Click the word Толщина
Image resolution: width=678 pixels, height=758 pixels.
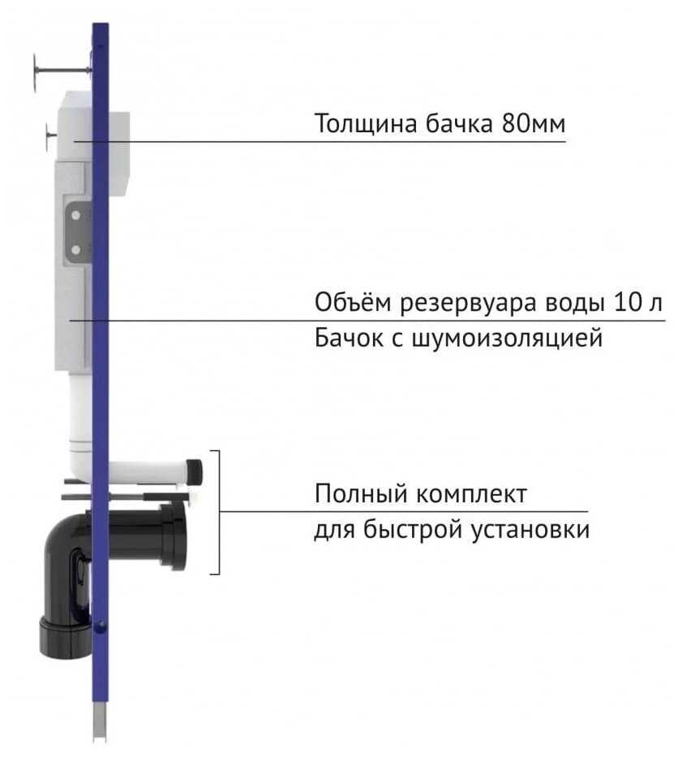(366, 123)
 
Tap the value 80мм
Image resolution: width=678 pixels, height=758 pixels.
(534, 123)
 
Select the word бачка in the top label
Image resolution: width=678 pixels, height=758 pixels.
(459, 123)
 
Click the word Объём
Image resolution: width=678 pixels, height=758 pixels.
(353, 303)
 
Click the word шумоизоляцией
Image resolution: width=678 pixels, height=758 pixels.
(507, 338)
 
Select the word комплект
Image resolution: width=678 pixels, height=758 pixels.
(470, 493)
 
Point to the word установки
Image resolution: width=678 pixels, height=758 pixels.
(530, 529)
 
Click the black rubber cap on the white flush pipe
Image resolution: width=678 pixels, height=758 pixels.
(195, 472)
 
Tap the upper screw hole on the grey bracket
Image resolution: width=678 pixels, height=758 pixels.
(76, 216)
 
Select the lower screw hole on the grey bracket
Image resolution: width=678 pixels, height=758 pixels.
(76, 249)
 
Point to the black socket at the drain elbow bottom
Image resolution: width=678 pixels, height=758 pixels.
(63, 639)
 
